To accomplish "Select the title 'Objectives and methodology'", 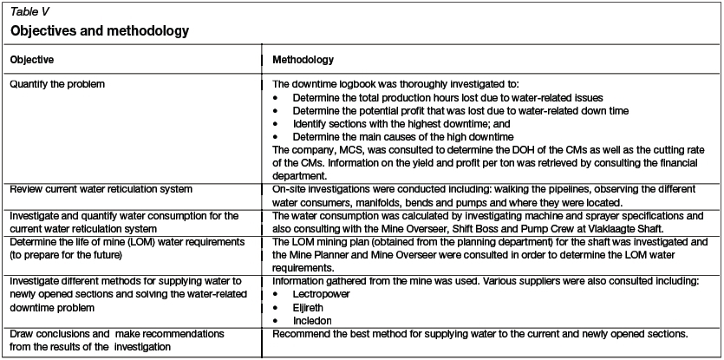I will point(100,31).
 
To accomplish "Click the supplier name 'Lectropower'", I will point(321,294).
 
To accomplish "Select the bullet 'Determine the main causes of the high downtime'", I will point(403,136).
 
